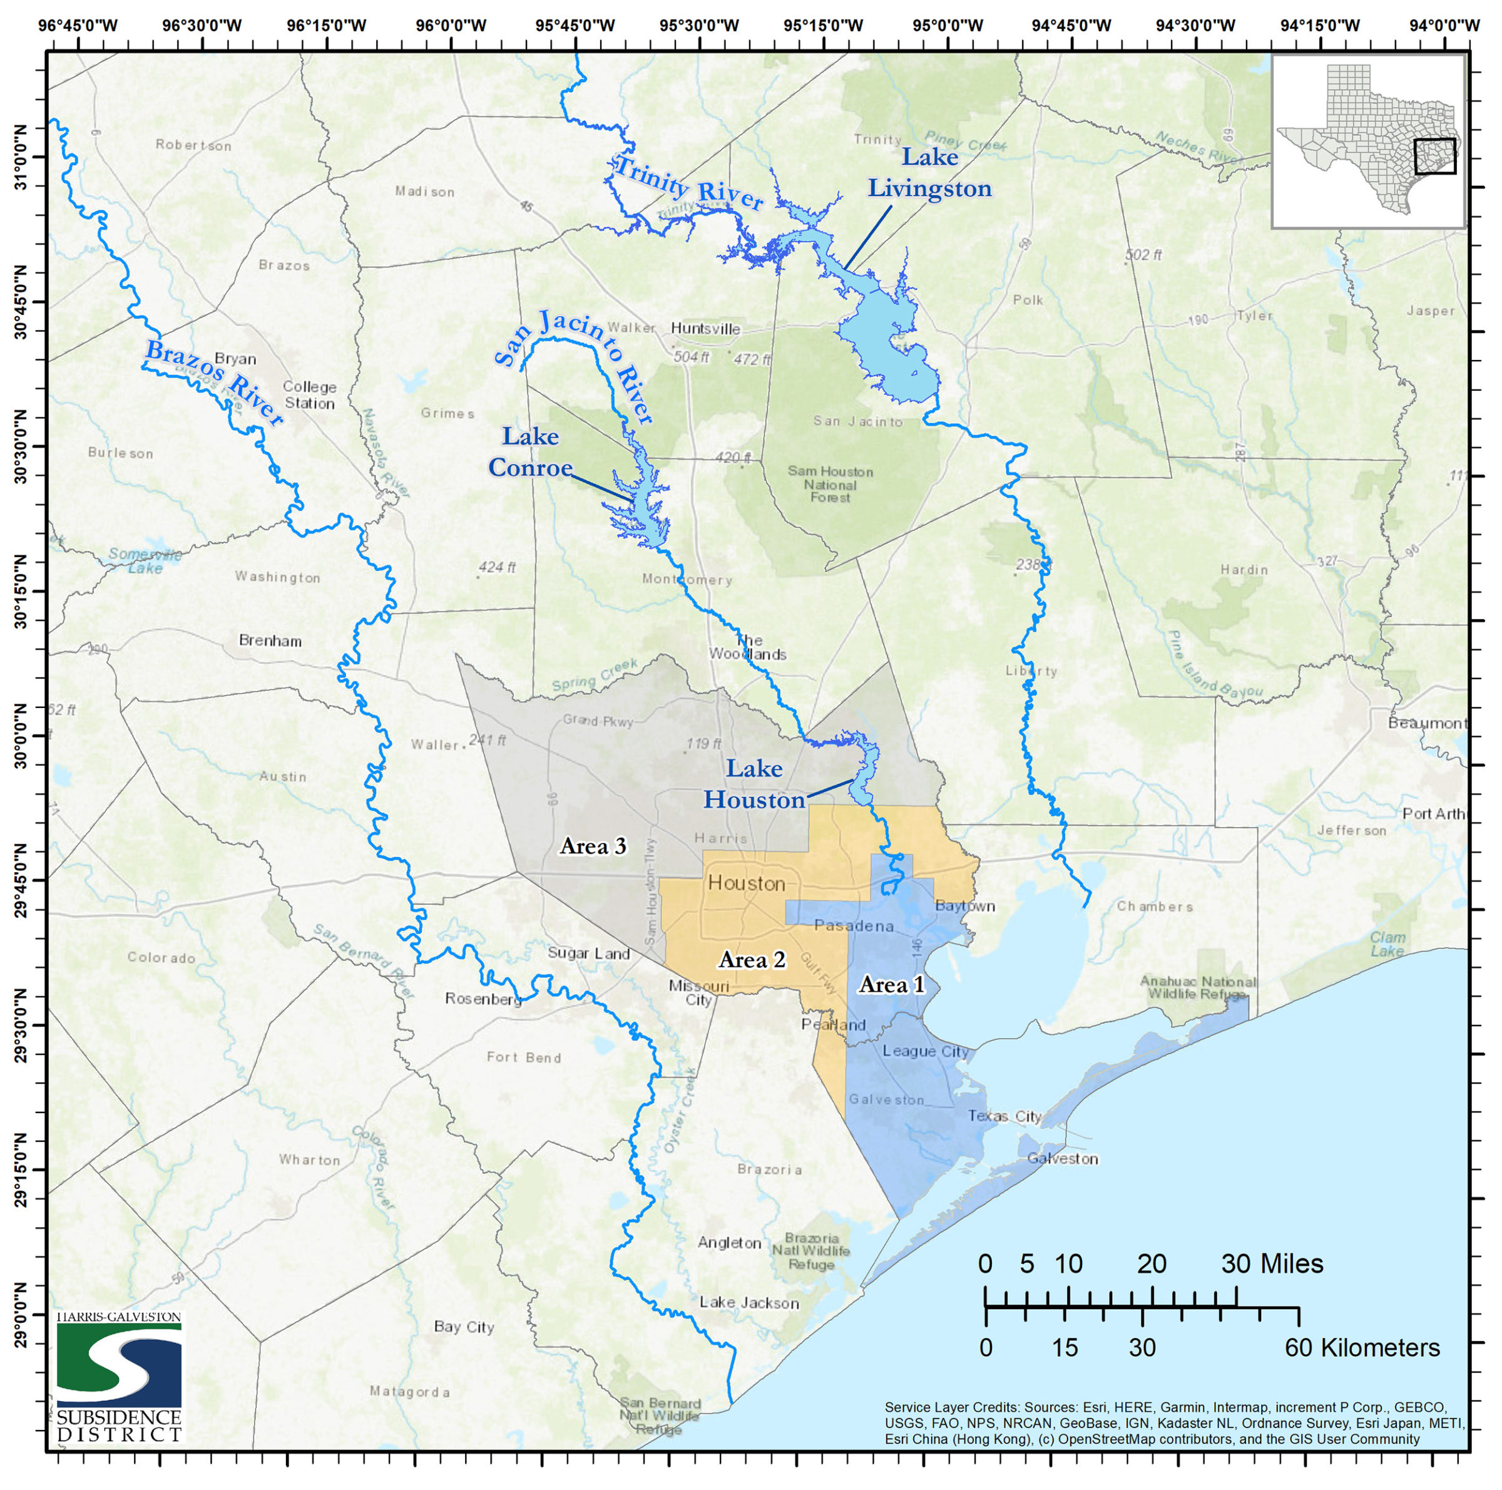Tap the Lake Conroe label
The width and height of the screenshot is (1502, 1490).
530,452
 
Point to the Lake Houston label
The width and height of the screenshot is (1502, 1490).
754,784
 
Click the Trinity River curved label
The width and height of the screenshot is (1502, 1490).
688,183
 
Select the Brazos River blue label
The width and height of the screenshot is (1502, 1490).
214,383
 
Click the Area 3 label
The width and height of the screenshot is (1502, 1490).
593,846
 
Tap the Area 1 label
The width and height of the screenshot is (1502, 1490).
892,985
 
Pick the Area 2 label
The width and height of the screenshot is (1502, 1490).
752,960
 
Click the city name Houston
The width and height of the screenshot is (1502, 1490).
747,883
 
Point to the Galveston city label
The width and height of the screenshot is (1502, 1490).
1062,1159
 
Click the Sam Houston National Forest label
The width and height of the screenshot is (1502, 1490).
830,484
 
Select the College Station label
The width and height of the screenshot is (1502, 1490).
309,395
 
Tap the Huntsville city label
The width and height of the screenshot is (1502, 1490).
705,329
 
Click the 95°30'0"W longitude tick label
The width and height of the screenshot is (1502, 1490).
698,26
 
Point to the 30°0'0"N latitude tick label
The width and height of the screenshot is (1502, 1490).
19,736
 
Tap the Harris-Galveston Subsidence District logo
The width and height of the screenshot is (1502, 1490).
119,1377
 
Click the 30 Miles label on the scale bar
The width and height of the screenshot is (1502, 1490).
1271,1264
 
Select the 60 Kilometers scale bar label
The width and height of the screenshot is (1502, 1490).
1361,1348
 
